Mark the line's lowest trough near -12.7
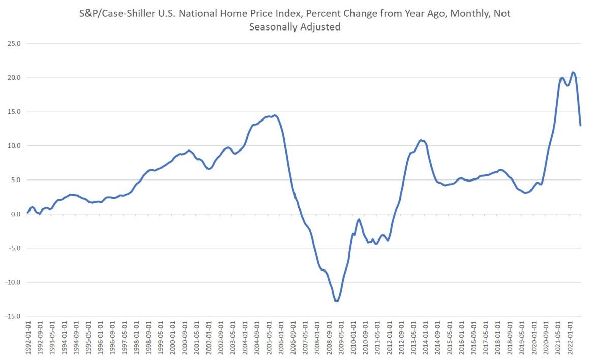point(337,301)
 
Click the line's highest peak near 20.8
point(573,72)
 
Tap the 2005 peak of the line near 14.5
point(275,115)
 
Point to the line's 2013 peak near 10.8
point(421,140)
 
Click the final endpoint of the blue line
point(580,125)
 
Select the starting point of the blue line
point(27,212)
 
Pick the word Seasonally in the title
point(273,27)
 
